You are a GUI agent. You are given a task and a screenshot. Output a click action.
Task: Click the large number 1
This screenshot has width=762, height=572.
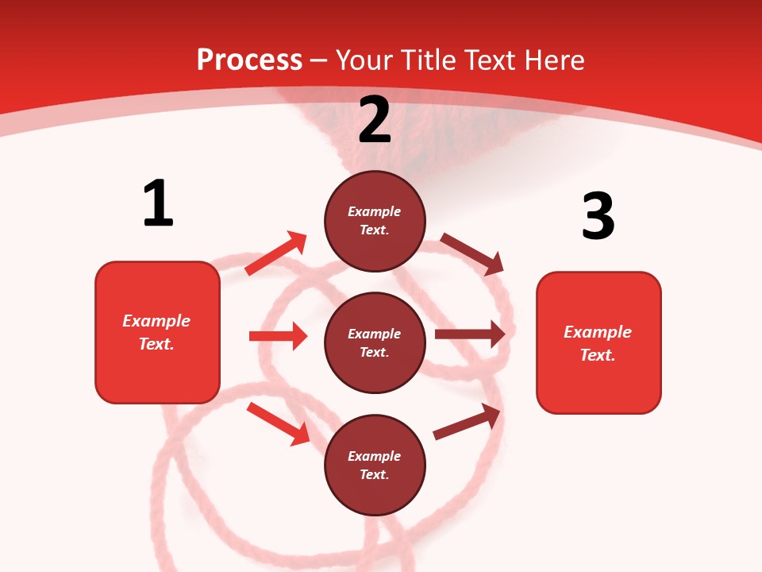pyautogui.click(x=158, y=203)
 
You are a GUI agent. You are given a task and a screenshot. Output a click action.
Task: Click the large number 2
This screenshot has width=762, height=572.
pyautogui.click(x=375, y=120)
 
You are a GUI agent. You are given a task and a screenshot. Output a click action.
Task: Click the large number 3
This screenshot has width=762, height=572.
pyautogui.click(x=598, y=216)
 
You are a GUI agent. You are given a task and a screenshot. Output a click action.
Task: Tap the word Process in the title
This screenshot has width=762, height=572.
pyautogui.click(x=249, y=60)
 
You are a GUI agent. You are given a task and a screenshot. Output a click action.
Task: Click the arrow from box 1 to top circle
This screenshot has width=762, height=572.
pyautogui.click(x=276, y=253)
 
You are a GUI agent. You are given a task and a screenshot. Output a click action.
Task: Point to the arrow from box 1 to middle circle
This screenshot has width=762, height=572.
pyautogui.click(x=278, y=336)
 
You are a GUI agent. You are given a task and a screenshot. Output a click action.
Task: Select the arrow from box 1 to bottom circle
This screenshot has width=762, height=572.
pyautogui.click(x=278, y=423)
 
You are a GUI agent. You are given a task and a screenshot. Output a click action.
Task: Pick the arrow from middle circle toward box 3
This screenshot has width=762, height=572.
pyautogui.click(x=470, y=334)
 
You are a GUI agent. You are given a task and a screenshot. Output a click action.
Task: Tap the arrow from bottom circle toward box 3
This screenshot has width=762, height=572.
pyautogui.click(x=467, y=422)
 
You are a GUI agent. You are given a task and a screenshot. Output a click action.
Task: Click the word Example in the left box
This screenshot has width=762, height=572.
pyautogui.click(x=156, y=321)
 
